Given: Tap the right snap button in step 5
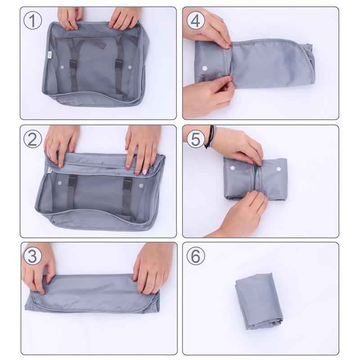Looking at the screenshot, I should point(278,170).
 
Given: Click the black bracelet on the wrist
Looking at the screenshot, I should point(209,138).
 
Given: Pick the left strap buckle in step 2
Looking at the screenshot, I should point(72,182).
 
